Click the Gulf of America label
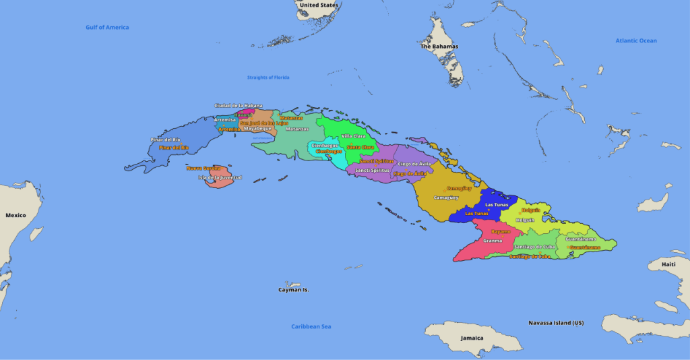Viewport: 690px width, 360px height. pos(107,28)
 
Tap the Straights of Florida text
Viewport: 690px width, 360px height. pos(268,78)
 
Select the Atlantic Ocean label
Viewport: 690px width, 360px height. pos(635,41)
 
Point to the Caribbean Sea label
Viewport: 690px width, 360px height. pos(311,327)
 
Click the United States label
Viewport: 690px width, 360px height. pos(319,5)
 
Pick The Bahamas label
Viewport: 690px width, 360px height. pos(439,47)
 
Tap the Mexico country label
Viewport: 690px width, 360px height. pos(15,216)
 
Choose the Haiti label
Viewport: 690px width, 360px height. pos(668,264)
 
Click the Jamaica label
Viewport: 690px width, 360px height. pos(472,338)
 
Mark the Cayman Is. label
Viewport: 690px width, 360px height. pos(294,290)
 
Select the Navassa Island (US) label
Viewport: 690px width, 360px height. pos(556,323)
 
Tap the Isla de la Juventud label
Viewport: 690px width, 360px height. pos(220,178)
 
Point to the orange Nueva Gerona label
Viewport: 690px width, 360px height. pos(203,168)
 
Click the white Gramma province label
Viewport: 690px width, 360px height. pos(493,241)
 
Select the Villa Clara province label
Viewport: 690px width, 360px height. pos(354,136)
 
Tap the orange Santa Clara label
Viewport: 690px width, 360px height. pos(360,147)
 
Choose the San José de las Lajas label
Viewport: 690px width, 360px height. pos(264,123)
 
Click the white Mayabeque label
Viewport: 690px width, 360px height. pos(257,129)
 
